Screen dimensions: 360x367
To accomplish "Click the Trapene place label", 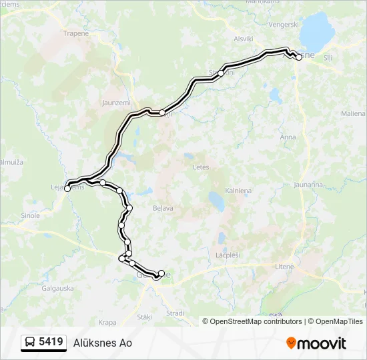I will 75,33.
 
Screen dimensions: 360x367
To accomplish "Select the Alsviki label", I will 244,39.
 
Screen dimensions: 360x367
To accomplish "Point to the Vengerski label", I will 283,24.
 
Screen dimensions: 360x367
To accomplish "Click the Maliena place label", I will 353,114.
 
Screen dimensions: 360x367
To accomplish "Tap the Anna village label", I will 288,137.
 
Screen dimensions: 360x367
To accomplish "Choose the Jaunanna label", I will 308,185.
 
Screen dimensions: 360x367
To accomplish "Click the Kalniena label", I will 238,191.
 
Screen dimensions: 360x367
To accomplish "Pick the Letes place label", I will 200,167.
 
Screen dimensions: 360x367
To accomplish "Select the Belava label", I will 163,208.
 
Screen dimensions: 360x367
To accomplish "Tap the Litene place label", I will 284,267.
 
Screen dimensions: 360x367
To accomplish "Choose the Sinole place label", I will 31,216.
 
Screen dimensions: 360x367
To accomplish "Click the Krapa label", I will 107,323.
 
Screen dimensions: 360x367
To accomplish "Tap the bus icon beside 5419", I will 30,343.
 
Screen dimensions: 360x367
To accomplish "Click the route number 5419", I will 51,343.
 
